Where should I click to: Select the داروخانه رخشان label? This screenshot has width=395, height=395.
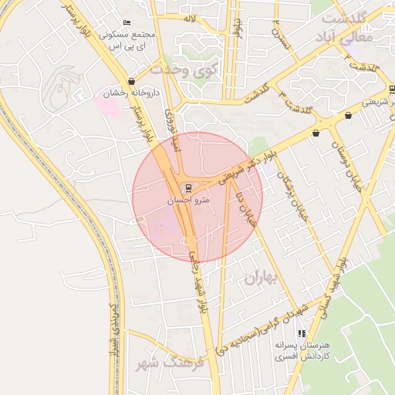(131, 93)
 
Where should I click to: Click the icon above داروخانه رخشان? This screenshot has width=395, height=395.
(132, 81)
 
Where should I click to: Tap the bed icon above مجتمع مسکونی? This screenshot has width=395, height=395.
(127, 23)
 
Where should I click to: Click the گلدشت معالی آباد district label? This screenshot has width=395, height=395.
(348, 27)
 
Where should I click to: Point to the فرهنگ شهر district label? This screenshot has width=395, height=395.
(167, 361)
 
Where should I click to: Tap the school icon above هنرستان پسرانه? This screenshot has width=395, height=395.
(301, 333)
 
